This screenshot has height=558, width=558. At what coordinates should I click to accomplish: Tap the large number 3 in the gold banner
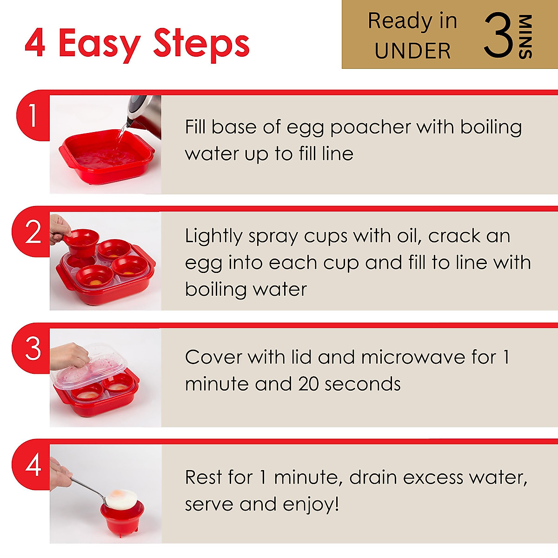pyautogui.click(x=498, y=36)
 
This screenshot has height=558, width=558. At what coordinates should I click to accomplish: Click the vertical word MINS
pyautogui.click(x=525, y=37)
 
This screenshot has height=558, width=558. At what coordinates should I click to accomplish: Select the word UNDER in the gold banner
pyautogui.click(x=412, y=51)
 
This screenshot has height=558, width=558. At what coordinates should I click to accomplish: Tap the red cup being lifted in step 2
pyautogui.click(x=81, y=242)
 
